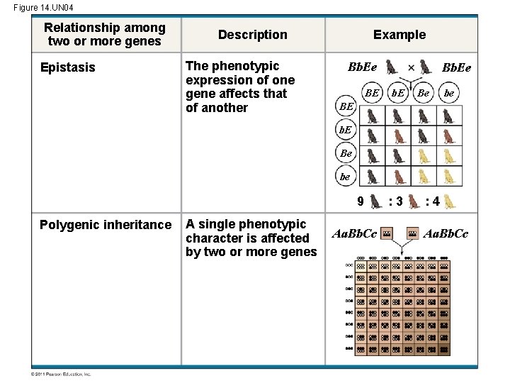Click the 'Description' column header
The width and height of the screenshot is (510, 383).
pos(252,35)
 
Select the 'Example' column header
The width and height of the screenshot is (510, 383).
pos(399,35)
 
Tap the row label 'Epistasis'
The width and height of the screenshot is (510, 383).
pos(67,67)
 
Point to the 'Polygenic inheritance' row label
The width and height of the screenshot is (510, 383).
pos(106,225)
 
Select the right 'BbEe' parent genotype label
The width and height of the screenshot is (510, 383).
pos(456,68)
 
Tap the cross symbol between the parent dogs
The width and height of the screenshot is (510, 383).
pos(412,68)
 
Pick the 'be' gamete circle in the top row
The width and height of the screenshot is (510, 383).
pos(449,93)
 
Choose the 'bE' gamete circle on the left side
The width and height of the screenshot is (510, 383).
pos(345,131)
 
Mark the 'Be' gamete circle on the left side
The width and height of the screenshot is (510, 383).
pos(345,153)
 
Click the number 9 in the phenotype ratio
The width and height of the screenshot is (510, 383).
pos(361,201)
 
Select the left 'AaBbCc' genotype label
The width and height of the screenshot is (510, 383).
pos(354,233)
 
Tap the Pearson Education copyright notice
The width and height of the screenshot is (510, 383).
pos(61,374)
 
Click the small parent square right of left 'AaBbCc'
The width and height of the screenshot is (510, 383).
pos(387,233)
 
